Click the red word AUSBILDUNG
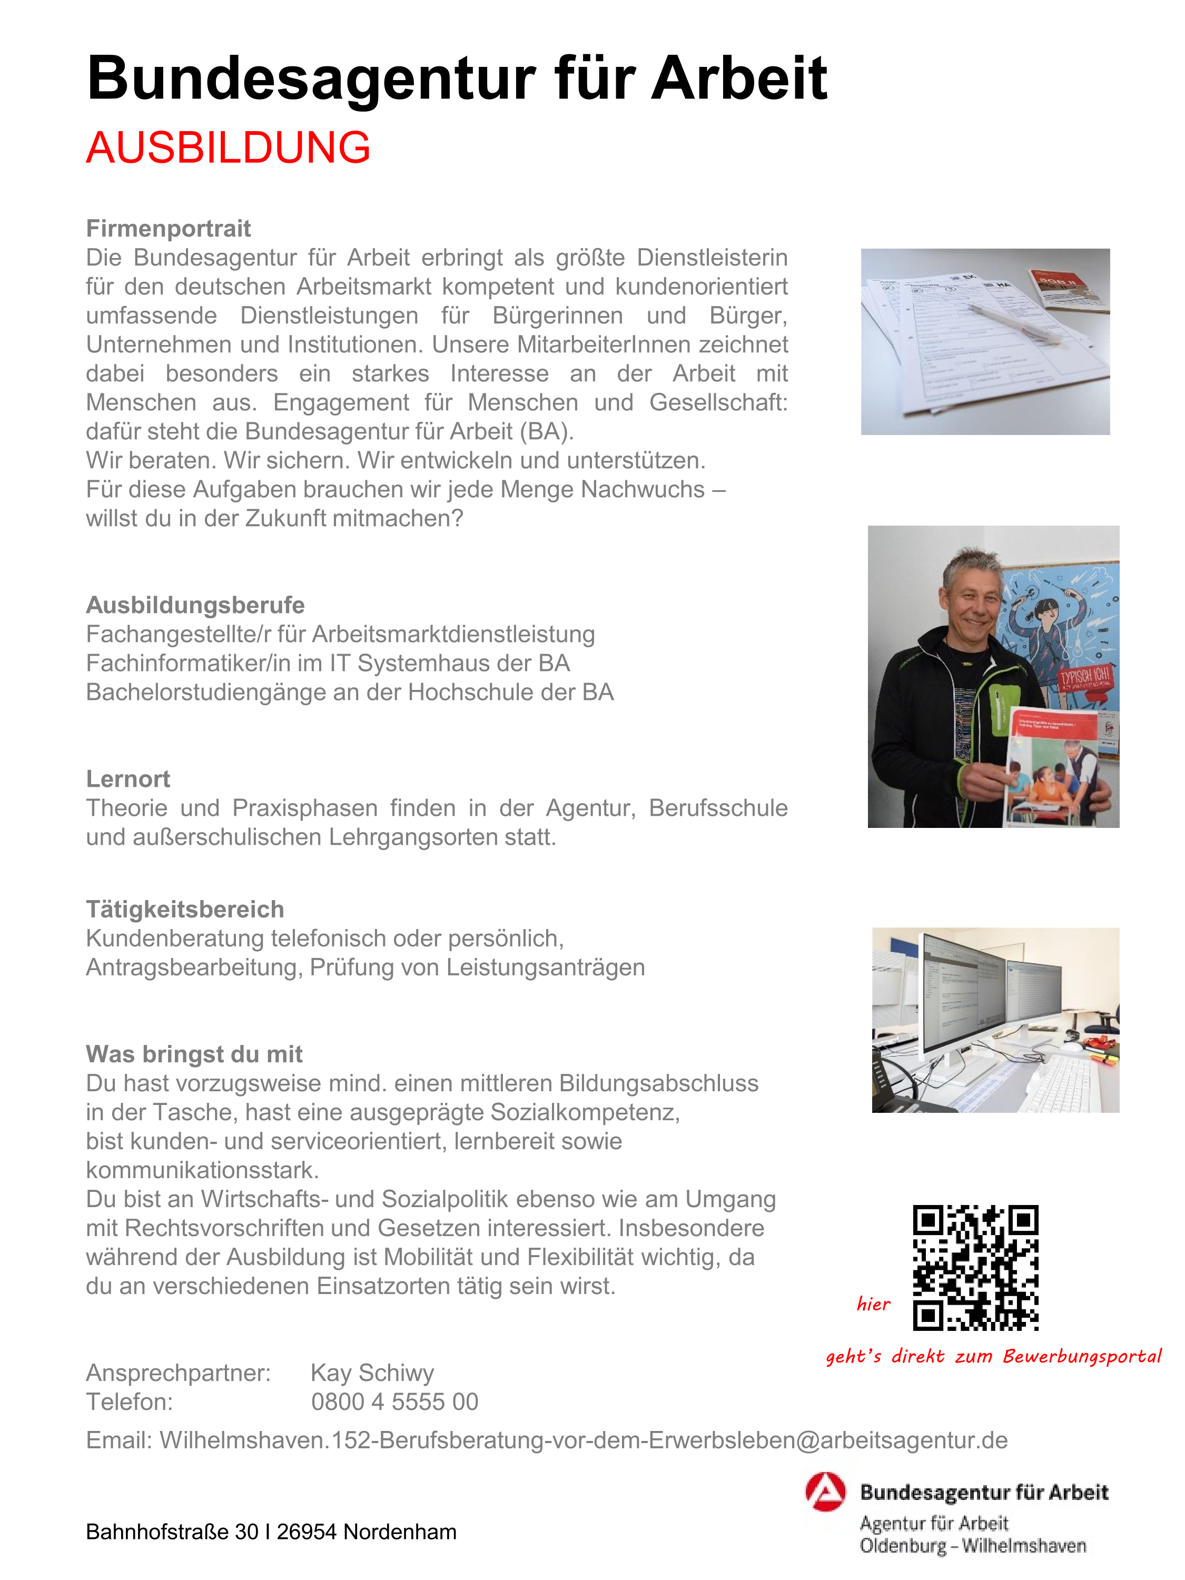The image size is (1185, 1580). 228,148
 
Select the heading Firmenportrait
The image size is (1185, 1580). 168,229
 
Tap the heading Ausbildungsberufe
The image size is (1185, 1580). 195,605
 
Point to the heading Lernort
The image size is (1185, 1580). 128,778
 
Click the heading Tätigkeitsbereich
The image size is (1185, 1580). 185,909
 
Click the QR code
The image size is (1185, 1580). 975,1268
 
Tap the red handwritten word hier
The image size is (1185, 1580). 873,1304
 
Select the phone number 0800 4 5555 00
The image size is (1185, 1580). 394,1402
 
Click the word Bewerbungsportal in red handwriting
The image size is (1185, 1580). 1081,1356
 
